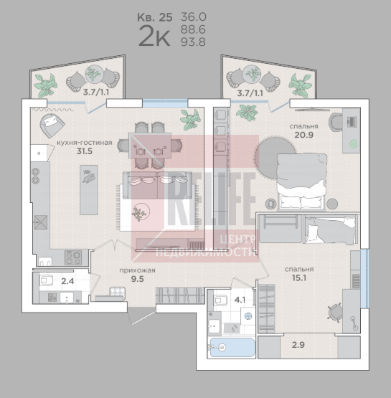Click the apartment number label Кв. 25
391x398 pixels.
[155, 17]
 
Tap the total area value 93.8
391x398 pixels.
[193, 42]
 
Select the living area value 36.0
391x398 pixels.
[194, 17]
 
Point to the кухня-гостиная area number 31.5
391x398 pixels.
[85, 151]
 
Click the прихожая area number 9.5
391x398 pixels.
[137, 279]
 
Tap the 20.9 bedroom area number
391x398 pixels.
[304, 135]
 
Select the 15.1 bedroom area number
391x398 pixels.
[299, 278]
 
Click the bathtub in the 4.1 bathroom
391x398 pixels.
[232, 348]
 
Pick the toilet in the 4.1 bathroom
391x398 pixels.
[220, 300]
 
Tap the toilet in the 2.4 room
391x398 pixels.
[46, 280]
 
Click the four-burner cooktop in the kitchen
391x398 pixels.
[73, 257]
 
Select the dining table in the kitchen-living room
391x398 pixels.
[150, 146]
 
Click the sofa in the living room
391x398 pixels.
[157, 185]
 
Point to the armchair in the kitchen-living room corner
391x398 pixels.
[52, 125]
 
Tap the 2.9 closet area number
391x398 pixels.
[298, 345]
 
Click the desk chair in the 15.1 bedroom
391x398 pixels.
[334, 313]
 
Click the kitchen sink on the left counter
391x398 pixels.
[41, 222]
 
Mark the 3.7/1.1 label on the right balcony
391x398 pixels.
[250, 93]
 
